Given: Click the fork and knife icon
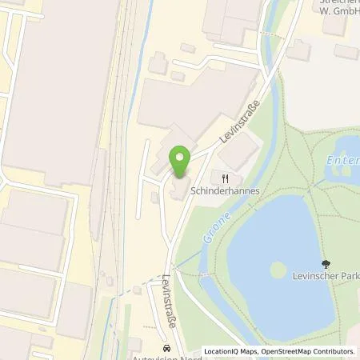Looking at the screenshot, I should click(226, 178).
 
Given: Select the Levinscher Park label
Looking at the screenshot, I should click(326, 277).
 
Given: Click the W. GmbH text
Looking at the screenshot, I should click(332, 12).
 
